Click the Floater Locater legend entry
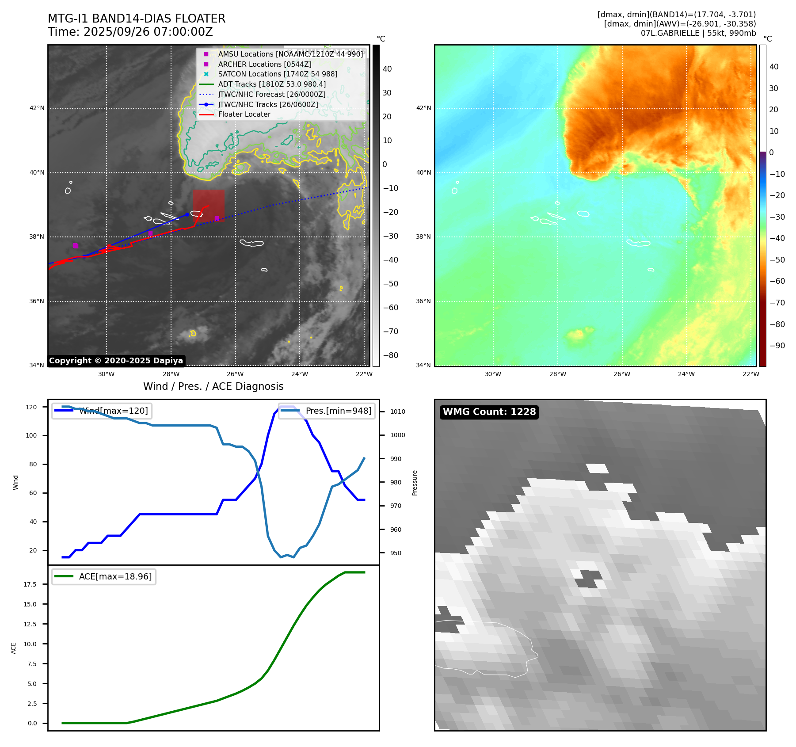(x=244, y=114)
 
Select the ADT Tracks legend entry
(x=272, y=84)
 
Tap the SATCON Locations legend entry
(x=278, y=74)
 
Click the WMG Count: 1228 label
(x=489, y=412)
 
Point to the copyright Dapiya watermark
(x=116, y=361)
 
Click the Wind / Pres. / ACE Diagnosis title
(x=213, y=386)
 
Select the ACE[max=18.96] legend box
(x=104, y=576)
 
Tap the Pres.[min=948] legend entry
(x=327, y=411)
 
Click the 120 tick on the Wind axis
(x=31, y=407)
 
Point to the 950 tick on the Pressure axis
(x=396, y=553)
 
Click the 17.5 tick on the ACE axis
(x=30, y=584)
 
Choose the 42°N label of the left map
(x=37, y=108)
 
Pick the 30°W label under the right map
(x=493, y=374)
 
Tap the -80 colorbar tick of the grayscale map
(x=390, y=355)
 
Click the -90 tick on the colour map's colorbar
(x=777, y=346)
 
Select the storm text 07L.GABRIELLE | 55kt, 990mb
(x=698, y=33)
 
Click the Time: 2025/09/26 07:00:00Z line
(x=130, y=32)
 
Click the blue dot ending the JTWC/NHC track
(x=187, y=214)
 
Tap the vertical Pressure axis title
(x=415, y=483)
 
